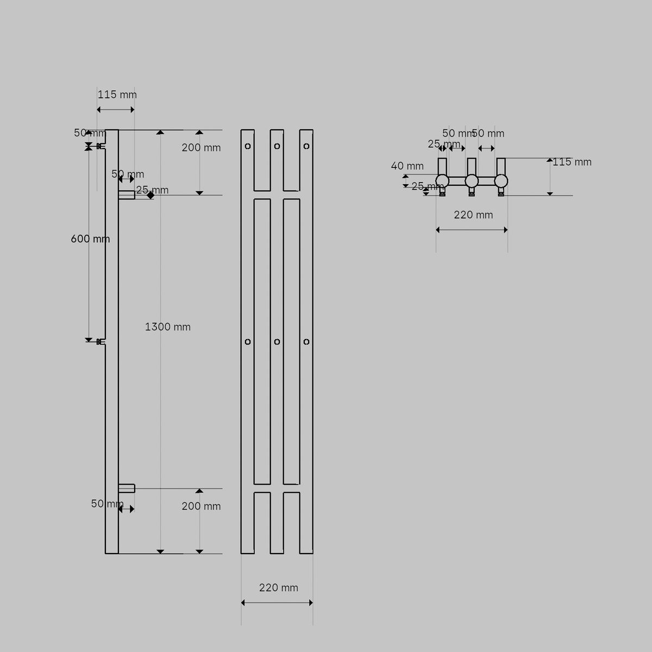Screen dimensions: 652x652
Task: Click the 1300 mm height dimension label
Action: point(167,327)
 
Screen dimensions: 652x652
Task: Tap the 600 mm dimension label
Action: point(90,239)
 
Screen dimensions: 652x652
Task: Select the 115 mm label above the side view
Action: point(117,95)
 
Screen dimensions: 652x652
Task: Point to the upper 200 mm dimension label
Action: point(201,148)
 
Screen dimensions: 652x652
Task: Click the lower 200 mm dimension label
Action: point(201,506)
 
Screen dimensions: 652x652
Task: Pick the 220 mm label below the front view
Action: point(278,588)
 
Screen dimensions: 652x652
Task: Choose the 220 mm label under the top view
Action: point(473,215)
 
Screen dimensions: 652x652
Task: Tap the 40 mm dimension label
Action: point(407,166)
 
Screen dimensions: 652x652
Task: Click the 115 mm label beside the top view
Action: point(572,162)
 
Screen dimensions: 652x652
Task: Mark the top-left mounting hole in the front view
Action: point(248,146)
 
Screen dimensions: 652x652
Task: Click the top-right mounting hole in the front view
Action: point(306,146)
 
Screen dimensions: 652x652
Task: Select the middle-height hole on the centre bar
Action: point(277,342)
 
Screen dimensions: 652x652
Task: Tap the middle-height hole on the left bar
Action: point(248,342)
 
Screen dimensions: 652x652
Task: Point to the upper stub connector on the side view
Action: point(127,195)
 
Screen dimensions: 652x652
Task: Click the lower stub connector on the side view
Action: point(127,488)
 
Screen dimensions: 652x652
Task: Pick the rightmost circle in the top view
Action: point(501,181)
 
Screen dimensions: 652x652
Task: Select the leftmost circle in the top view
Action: point(442,181)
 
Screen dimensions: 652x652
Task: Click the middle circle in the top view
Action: point(472,181)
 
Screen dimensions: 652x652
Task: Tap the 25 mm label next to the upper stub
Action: point(152,190)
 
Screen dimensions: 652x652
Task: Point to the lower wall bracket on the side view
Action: point(101,342)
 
